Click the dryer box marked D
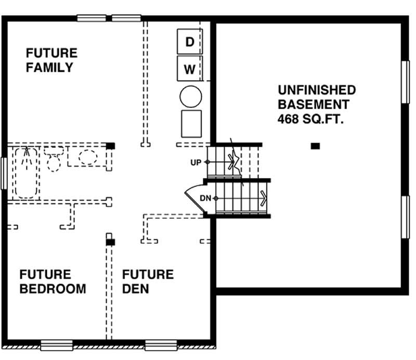pos(189,41)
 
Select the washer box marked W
pos(189,69)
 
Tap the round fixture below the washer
pos(191,97)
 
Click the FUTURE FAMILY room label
pos(51,60)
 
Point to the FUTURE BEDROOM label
pos(53,281)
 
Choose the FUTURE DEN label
pos(148,281)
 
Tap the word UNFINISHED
pos(317,90)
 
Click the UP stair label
pos(196,162)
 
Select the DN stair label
pos(205,198)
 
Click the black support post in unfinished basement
pos(315,146)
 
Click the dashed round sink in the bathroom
pos(88,158)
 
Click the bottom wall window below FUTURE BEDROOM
pos(57,344)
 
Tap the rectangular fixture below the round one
pos(191,124)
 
